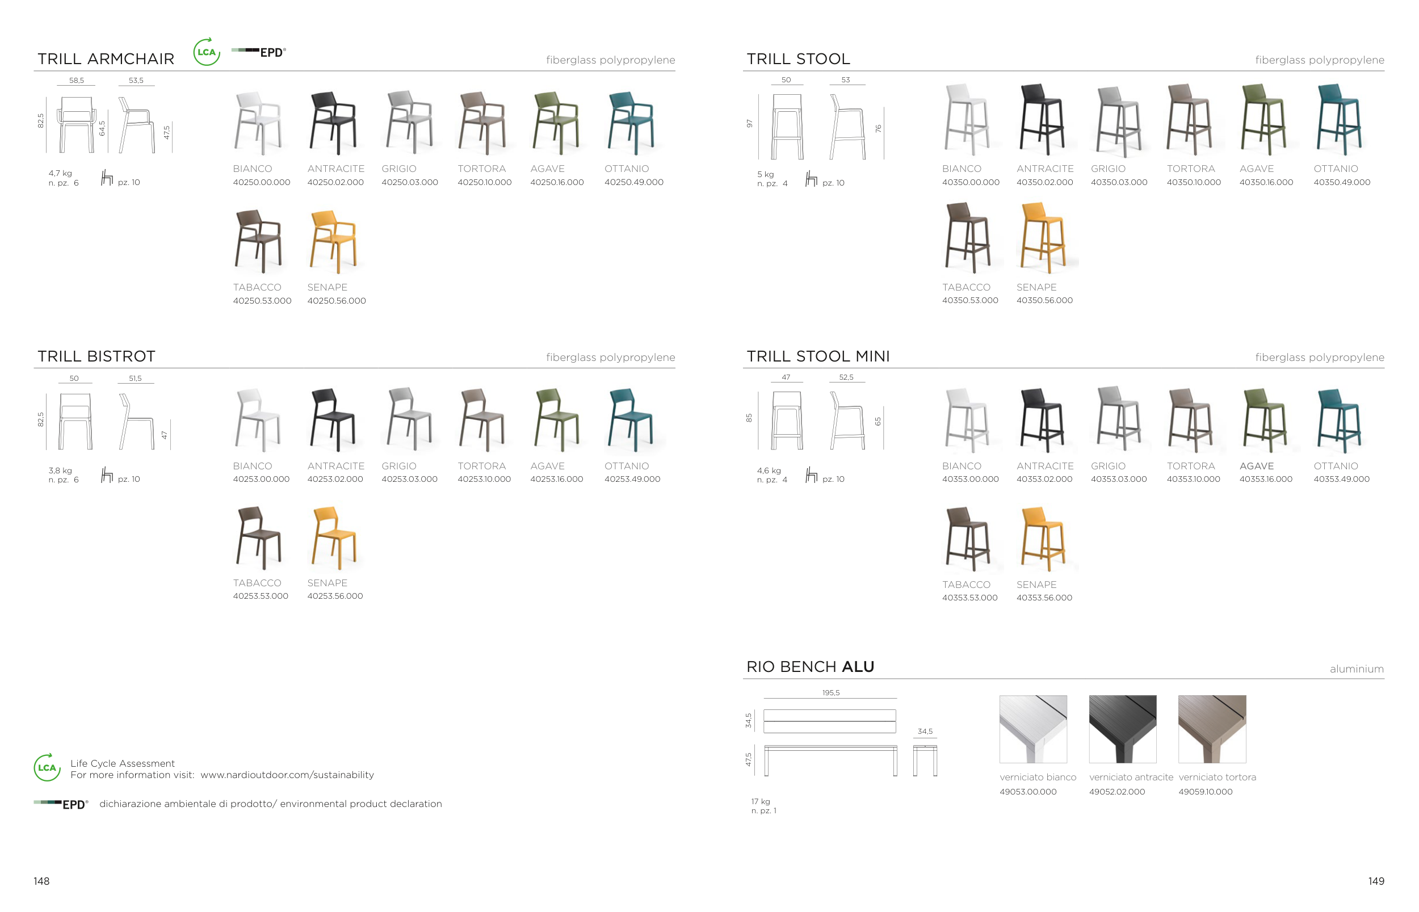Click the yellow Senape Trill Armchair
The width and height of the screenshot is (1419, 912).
(333, 242)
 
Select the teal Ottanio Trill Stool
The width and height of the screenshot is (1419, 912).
(1338, 120)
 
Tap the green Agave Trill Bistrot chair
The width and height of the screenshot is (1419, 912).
(556, 420)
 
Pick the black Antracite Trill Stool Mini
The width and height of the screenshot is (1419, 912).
(1042, 420)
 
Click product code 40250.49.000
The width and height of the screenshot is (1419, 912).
(633, 182)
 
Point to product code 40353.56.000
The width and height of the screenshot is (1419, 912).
(1044, 598)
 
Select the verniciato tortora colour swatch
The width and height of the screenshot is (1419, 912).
(1212, 729)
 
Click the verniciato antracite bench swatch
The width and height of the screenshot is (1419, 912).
(1122, 729)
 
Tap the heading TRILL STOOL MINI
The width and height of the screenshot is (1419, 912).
(818, 356)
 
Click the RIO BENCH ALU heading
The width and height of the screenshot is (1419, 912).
(810, 667)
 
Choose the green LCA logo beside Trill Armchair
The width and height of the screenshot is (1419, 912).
(207, 52)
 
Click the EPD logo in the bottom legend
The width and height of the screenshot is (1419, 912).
(61, 804)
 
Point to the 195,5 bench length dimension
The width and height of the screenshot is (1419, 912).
(830, 692)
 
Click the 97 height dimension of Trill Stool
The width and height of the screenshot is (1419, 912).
(749, 123)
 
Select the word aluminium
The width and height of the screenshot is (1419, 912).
(1356, 669)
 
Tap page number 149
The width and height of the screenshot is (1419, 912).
(1376, 881)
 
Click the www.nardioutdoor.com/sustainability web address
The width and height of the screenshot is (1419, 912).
(287, 775)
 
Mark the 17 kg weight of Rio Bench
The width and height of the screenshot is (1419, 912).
(761, 801)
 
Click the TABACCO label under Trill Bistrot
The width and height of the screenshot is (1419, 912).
(257, 583)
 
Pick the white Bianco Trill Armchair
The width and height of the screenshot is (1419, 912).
(258, 123)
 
